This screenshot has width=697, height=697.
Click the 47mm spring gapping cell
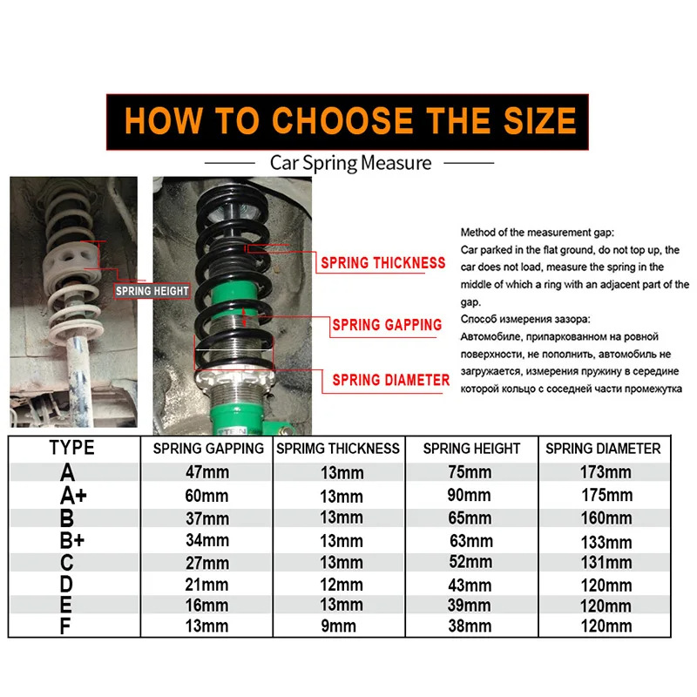point(207,473)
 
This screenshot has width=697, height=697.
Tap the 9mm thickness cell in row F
point(341,626)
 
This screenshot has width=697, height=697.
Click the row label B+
point(72,540)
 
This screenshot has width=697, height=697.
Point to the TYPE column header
point(71,449)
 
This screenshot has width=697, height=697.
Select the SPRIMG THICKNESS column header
point(338,450)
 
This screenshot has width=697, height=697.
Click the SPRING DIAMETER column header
point(603,450)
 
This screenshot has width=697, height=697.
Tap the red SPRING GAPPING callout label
point(387,325)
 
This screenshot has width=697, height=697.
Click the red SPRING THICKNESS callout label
point(382,262)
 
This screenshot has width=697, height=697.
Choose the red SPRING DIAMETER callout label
point(391,380)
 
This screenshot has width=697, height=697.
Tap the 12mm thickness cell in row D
point(341,584)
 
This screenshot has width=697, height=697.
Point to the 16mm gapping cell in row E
point(207,606)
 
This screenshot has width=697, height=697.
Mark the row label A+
point(72,496)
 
